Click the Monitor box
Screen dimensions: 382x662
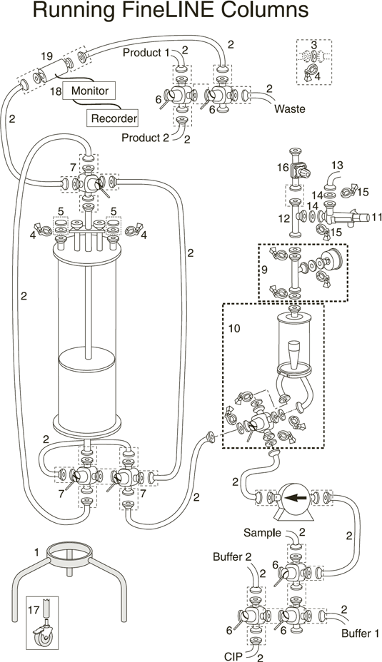[x=89, y=91]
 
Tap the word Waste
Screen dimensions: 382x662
[x=289, y=109]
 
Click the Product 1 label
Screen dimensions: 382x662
[x=146, y=53]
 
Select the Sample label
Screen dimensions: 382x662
[x=262, y=533]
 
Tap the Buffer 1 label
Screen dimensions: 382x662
[x=360, y=633]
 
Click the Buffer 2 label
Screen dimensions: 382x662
[x=232, y=557]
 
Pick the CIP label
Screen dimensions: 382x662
[x=233, y=656]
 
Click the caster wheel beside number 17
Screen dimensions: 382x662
[x=43, y=635]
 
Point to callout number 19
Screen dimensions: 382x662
[x=47, y=56]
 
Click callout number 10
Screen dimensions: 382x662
[x=234, y=328]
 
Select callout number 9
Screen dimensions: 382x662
[x=264, y=270]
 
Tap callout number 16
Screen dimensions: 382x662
[x=283, y=168]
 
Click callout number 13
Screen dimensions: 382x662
[x=337, y=165]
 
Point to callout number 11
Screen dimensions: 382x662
[x=376, y=218]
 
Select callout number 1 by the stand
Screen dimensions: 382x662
[x=36, y=552]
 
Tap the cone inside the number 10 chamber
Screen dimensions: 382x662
[x=293, y=353]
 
